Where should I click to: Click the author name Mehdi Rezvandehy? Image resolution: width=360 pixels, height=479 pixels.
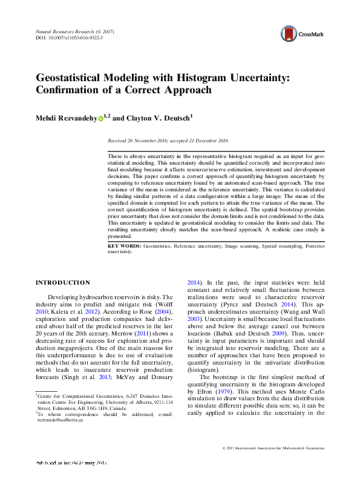point(66,118)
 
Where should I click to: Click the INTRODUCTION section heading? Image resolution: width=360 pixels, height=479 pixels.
point(63,283)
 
